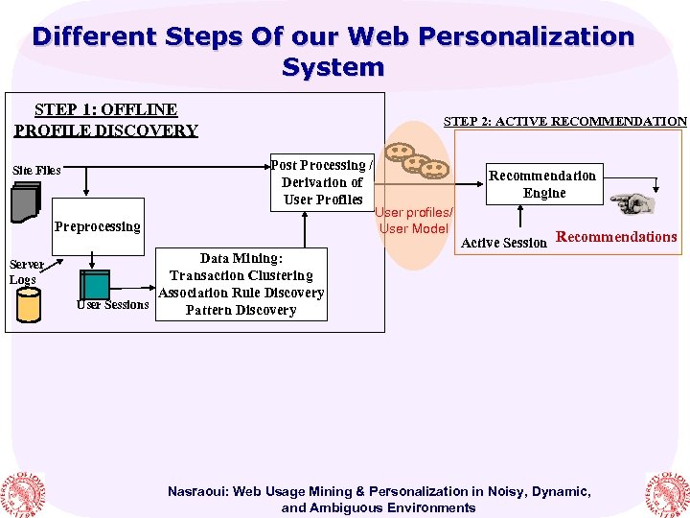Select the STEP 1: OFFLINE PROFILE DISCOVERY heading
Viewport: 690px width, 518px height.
pyautogui.click(x=106, y=120)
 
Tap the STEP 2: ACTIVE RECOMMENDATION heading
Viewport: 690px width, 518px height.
pyautogui.click(x=564, y=121)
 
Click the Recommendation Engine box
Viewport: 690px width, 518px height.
pyautogui.click(x=542, y=184)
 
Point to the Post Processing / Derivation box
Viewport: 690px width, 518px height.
pyautogui.click(x=321, y=182)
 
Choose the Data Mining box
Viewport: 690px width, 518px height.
pyautogui.click(x=241, y=284)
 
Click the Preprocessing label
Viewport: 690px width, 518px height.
pyautogui.click(x=97, y=227)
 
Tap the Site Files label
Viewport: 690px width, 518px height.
pyautogui.click(x=36, y=170)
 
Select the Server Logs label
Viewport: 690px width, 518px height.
pyautogui.click(x=25, y=271)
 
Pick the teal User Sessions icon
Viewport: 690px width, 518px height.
pyautogui.click(x=94, y=285)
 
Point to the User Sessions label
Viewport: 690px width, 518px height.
pyautogui.click(x=113, y=305)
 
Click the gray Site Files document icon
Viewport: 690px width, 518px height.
pyautogui.click(x=25, y=200)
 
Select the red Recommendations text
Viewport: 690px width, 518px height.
pyautogui.click(x=616, y=237)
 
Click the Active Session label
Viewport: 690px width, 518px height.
pyautogui.click(x=504, y=243)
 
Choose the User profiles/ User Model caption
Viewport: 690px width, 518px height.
pyautogui.click(x=414, y=221)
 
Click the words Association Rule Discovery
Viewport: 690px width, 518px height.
pyautogui.click(x=241, y=293)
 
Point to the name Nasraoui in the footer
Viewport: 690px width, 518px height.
pyautogui.click(x=196, y=491)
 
